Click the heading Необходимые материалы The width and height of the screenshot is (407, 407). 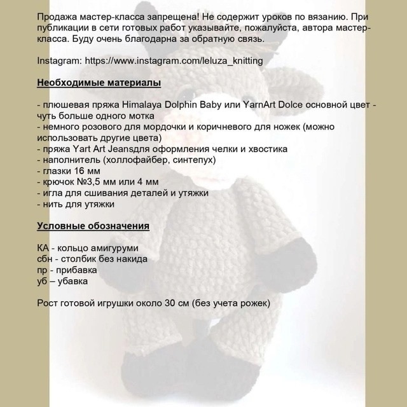99,83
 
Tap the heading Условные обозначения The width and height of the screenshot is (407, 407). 93,226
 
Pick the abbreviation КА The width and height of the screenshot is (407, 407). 45,247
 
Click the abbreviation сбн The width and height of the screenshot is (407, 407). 46,259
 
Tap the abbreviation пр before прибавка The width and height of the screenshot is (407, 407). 43,270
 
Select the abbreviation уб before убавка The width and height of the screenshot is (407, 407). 43,281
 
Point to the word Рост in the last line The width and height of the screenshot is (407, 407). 49,303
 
